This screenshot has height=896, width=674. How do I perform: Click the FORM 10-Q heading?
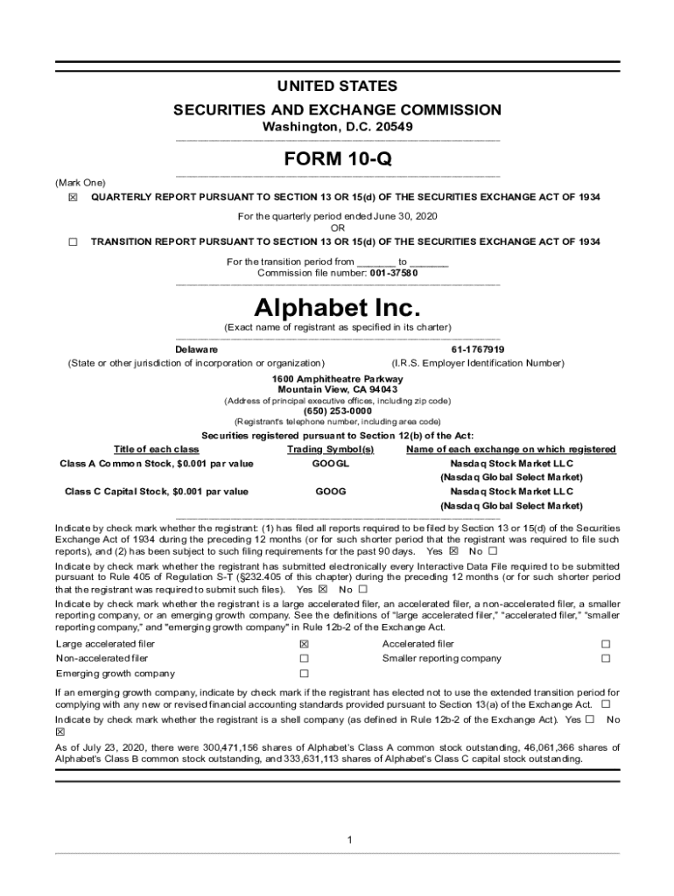pyautogui.click(x=337, y=159)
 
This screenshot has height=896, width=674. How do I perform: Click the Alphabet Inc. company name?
pyautogui.click(x=337, y=307)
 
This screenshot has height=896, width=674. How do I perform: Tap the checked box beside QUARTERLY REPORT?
pyautogui.click(x=73, y=198)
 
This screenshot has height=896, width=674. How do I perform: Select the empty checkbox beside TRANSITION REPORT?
pyautogui.click(x=73, y=241)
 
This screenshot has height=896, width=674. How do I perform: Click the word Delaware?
pyautogui.click(x=197, y=349)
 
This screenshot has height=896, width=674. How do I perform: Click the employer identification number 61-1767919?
pyautogui.click(x=477, y=349)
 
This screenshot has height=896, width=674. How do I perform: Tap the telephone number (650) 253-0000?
pyautogui.click(x=337, y=410)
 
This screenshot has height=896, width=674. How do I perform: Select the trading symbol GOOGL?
pyautogui.click(x=330, y=463)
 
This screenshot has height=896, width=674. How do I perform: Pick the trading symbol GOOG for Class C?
pyautogui.click(x=330, y=492)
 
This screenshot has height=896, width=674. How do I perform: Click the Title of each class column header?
pyautogui.click(x=157, y=449)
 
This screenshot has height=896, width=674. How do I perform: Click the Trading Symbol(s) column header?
pyautogui.click(x=330, y=449)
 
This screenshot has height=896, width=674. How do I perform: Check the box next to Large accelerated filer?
pyautogui.click(x=305, y=644)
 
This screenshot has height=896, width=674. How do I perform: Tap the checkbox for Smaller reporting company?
pyautogui.click(x=604, y=659)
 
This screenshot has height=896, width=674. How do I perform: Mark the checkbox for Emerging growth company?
pyautogui.click(x=305, y=674)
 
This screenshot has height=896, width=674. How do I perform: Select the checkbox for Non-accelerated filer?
pyautogui.click(x=305, y=659)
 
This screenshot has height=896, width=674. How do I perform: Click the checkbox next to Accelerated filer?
pyautogui.click(x=604, y=644)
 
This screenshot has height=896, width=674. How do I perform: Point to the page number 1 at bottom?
pyautogui.click(x=349, y=840)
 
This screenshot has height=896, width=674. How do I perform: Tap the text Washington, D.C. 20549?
pyautogui.click(x=337, y=127)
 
